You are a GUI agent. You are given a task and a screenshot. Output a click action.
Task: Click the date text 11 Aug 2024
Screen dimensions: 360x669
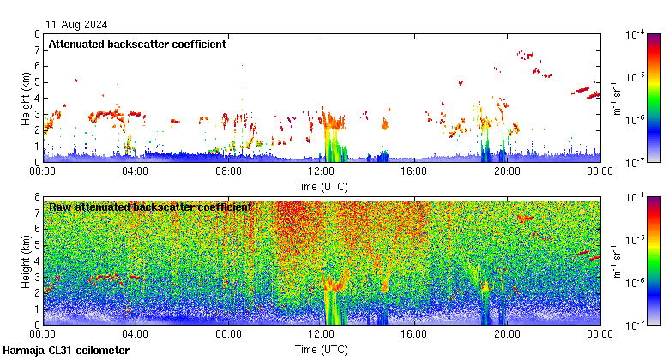(x=77, y=24)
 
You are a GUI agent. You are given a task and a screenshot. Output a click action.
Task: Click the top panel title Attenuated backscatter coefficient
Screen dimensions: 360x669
(x=137, y=44)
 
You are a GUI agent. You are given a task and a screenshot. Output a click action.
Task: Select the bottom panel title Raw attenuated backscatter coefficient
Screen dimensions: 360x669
(x=150, y=207)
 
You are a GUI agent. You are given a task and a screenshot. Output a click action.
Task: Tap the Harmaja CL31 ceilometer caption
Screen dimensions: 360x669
(x=66, y=351)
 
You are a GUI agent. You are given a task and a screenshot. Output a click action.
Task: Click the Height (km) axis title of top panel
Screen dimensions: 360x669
(x=26, y=98)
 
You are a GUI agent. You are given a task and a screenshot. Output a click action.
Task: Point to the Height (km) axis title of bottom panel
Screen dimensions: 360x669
(x=26, y=261)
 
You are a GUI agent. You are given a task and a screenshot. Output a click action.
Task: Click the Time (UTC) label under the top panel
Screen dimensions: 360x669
(x=322, y=186)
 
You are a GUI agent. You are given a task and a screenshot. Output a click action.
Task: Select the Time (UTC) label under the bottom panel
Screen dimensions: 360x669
(x=322, y=350)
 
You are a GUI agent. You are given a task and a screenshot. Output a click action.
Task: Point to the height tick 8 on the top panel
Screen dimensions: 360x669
(x=37, y=34)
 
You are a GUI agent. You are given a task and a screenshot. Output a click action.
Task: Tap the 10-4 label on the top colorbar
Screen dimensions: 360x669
(x=636, y=34)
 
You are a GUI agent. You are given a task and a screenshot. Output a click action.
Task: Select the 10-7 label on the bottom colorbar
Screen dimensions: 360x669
(x=636, y=325)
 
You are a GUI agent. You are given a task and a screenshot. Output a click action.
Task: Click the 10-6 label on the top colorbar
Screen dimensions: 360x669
(x=636, y=119)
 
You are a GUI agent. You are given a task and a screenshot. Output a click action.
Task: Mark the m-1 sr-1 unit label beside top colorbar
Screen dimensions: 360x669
(x=616, y=98)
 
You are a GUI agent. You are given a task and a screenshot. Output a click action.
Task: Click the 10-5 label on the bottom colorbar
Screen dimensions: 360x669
(x=636, y=239)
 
